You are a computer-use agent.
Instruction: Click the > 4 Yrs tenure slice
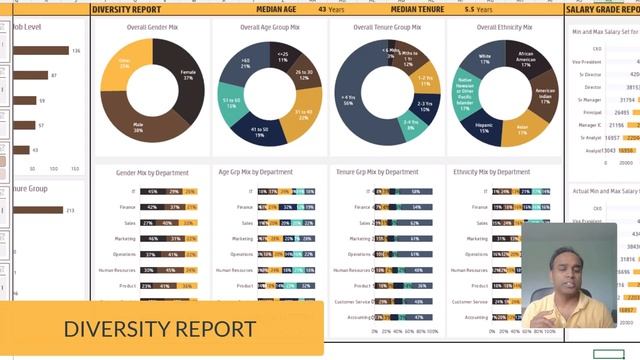click(349, 99)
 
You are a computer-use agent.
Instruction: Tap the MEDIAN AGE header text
click(275, 9)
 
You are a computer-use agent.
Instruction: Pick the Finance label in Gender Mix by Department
click(129, 207)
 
